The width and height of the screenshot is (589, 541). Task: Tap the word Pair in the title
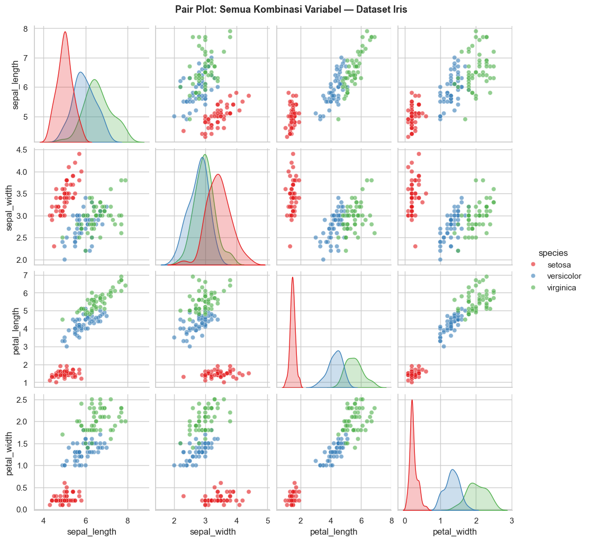pos(185,10)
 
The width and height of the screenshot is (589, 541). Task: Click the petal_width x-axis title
pos(455,531)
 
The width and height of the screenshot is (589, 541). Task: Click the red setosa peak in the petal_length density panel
pos(292,277)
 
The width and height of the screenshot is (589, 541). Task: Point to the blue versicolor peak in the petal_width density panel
pos(452,469)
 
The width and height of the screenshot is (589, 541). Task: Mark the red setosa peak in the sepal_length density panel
pos(65,32)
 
